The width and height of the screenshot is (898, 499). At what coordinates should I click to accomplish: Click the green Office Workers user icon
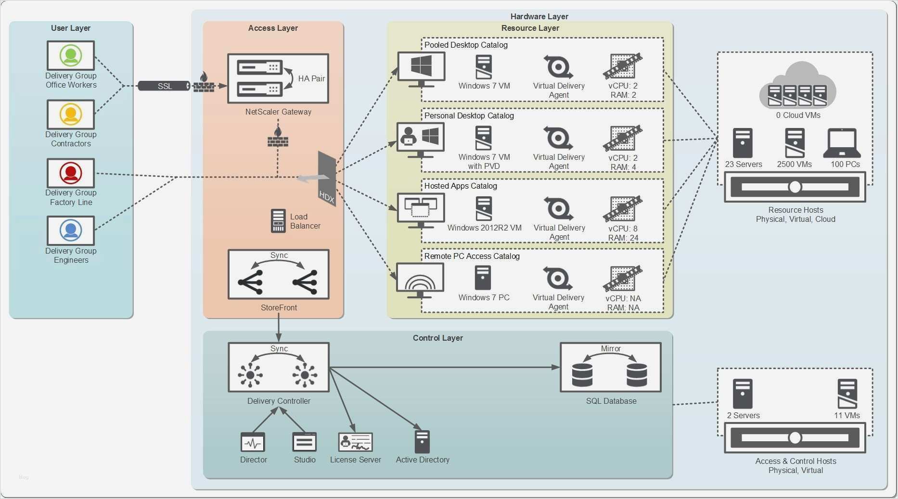point(71,55)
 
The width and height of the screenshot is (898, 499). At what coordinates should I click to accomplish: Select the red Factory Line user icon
point(71,173)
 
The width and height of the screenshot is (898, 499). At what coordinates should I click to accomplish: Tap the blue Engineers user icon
point(71,230)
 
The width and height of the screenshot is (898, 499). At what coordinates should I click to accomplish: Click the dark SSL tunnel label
point(165,86)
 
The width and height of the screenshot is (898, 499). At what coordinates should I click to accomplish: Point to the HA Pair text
point(311,78)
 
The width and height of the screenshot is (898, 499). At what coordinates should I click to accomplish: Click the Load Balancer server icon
point(278,221)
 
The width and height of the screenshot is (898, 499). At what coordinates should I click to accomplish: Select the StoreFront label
point(279,307)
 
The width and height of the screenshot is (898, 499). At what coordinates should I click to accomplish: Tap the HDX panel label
point(327,196)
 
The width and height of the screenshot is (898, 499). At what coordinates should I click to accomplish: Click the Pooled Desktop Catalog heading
point(466,45)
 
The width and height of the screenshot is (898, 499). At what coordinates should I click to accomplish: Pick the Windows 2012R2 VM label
point(484,228)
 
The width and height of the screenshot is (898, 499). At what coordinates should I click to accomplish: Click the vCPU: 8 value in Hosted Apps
point(623,229)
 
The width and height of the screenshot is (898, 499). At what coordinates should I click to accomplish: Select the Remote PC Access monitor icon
point(420,280)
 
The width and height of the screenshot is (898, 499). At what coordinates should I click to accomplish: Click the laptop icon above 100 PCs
point(842,143)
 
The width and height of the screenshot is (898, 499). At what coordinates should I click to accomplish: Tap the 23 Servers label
point(744,164)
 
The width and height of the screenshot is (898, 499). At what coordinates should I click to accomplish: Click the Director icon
point(253,442)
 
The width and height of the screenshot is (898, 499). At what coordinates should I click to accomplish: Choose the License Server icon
point(355,442)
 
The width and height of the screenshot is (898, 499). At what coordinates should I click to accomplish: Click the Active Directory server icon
point(422,441)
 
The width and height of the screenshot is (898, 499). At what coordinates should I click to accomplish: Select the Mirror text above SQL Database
point(611,348)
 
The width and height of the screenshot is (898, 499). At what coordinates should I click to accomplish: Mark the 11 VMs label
point(847,415)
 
